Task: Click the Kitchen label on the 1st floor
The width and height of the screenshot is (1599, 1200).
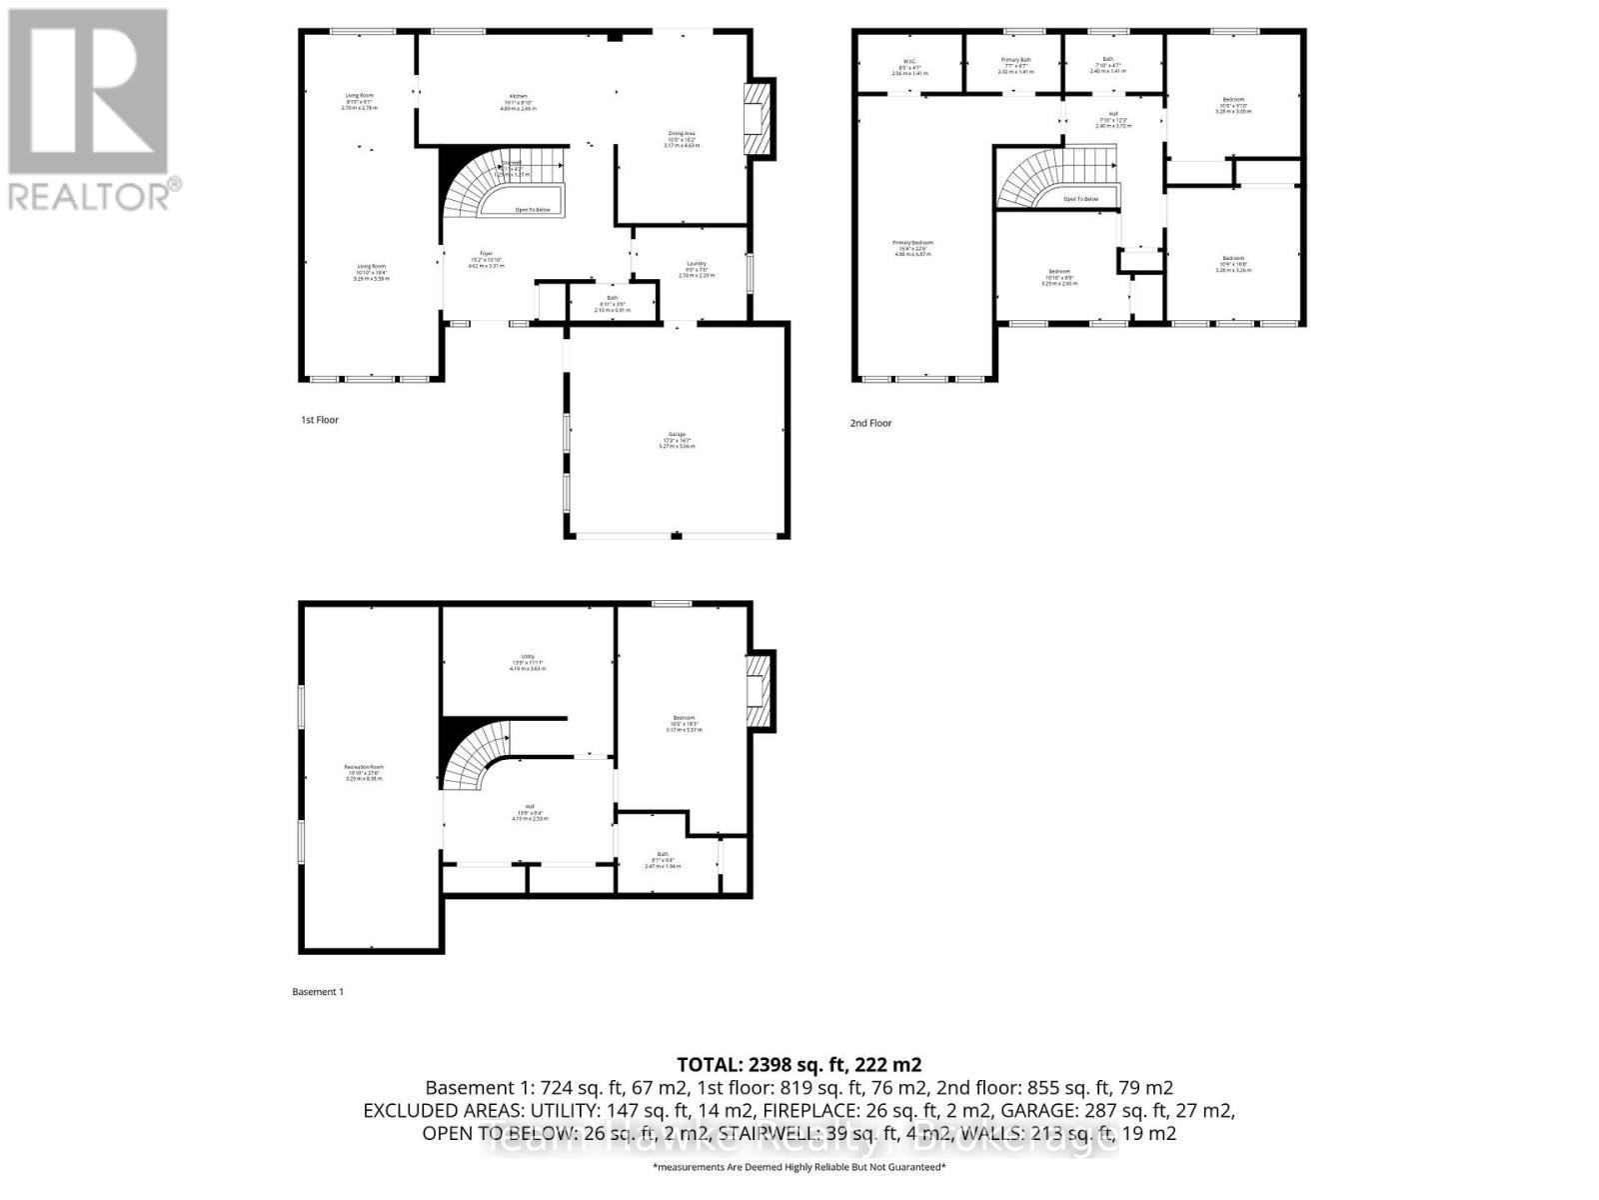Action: click(518, 96)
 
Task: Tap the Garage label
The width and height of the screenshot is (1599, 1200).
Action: click(677, 435)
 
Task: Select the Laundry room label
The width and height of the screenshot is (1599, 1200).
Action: click(697, 264)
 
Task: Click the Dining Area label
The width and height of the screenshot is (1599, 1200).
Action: click(682, 132)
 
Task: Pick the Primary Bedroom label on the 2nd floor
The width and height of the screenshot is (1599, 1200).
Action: click(913, 243)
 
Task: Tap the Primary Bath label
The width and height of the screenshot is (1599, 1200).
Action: click(1015, 61)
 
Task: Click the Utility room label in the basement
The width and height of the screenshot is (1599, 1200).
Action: click(527, 656)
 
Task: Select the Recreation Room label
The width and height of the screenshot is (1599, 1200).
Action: click(364, 767)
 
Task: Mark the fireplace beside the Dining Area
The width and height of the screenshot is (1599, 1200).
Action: click(758, 118)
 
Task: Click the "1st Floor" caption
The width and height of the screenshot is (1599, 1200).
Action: click(320, 420)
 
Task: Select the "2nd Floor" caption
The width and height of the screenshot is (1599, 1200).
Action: click(870, 423)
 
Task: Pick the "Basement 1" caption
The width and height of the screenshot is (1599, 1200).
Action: click(318, 992)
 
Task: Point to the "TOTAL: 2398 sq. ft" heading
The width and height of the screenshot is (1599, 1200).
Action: click(799, 1064)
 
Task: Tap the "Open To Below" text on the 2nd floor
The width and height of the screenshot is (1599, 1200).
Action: click(1080, 199)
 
